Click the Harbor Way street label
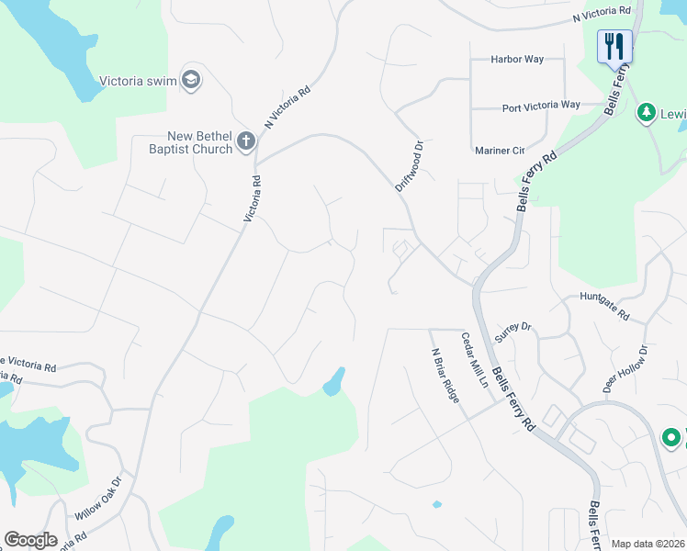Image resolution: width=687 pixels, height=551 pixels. (x=517, y=60)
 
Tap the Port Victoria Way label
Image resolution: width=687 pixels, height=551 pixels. (x=541, y=107)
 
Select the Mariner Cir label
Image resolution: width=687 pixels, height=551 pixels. (x=500, y=150)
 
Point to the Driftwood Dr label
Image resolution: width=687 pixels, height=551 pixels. (x=409, y=165)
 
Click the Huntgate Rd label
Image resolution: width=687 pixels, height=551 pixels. (x=604, y=306)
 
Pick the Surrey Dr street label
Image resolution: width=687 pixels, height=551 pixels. (x=512, y=332)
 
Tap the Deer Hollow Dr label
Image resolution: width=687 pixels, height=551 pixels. (x=625, y=370)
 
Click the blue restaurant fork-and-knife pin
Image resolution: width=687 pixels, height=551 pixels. (x=614, y=45)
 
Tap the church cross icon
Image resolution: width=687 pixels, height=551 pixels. (x=245, y=141)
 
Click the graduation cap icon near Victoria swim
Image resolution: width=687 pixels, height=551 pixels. (x=191, y=79)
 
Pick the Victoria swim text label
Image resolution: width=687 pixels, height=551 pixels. (x=138, y=79)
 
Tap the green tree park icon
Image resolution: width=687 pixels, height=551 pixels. (x=646, y=112)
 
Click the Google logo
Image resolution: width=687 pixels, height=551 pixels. (x=30, y=540)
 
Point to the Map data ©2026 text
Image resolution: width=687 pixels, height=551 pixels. (x=648, y=544)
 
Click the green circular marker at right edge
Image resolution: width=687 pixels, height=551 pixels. (x=671, y=438)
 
